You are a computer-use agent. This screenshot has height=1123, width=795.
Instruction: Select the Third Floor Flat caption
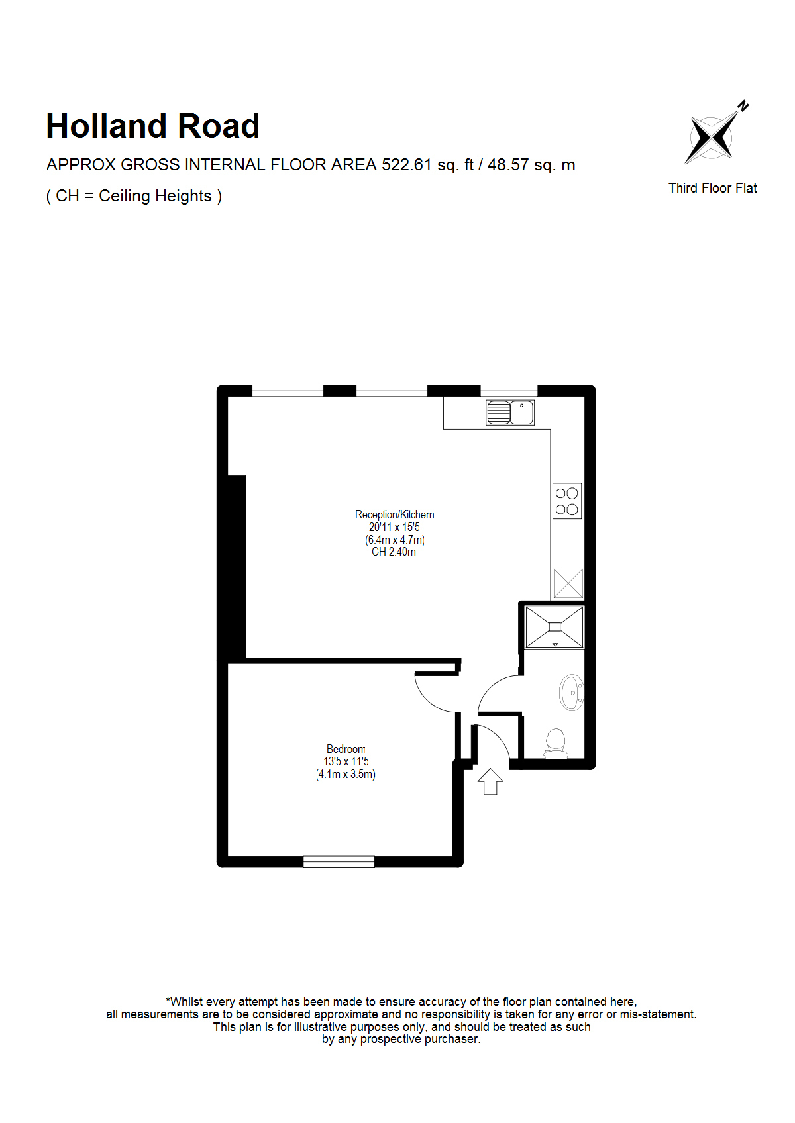click(712, 188)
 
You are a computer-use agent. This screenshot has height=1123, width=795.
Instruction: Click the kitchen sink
click(510, 413)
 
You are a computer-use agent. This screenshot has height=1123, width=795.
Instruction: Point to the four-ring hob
click(567, 501)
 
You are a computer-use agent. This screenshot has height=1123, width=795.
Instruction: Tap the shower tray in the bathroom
click(555, 626)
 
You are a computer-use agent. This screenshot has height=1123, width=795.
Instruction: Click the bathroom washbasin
click(571, 693)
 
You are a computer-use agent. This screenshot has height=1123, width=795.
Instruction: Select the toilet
click(556, 744)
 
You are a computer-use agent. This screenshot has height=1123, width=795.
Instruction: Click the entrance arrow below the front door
click(490, 781)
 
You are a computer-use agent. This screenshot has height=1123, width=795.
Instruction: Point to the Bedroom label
click(346, 749)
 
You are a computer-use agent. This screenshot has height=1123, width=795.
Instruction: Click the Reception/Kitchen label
click(394, 514)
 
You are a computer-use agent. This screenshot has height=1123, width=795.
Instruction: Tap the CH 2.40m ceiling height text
click(394, 552)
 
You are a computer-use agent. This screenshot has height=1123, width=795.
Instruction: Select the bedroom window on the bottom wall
click(339, 862)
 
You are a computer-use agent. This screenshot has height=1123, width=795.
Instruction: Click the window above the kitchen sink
click(509, 391)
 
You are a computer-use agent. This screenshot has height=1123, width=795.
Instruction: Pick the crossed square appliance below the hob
click(568, 583)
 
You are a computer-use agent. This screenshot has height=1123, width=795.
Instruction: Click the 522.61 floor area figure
click(407, 164)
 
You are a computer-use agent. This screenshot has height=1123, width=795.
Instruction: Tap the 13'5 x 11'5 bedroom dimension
click(346, 761)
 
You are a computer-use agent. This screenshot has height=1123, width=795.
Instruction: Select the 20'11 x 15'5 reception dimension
click(394, 527)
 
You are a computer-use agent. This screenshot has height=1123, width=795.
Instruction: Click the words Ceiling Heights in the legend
click(155, 196)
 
